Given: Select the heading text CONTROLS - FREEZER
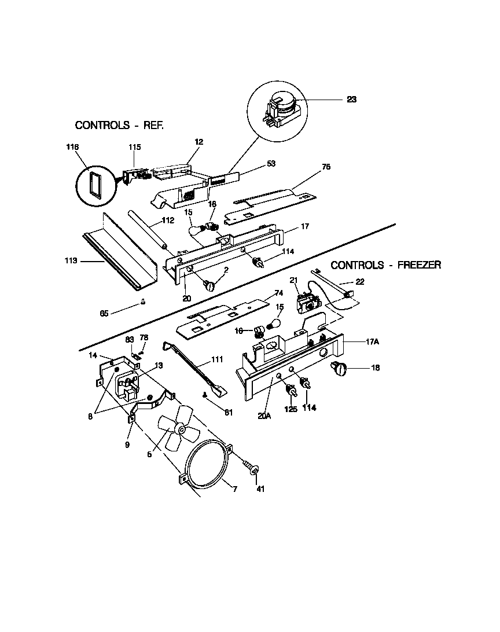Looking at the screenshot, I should [386, 265].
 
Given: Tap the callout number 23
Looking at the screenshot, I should [351, 100].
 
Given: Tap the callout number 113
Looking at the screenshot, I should [71, 261].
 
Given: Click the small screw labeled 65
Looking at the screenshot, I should [142, 302].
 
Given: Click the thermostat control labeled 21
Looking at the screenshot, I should [307, 302].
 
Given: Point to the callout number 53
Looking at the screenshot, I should [270, 164].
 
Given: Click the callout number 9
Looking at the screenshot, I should [127, 446].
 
